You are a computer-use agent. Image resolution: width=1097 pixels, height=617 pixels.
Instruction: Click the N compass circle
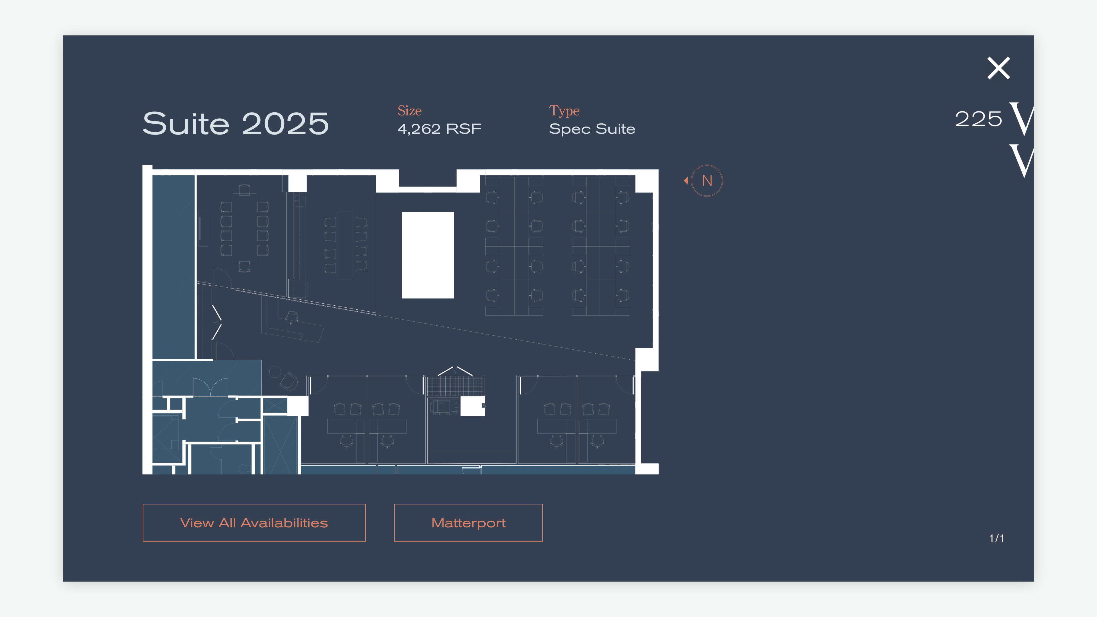coord(707,181)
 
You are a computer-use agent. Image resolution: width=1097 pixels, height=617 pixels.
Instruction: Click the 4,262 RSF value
coord(439,129)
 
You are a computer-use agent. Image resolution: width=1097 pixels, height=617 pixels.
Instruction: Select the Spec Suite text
coord(592,129)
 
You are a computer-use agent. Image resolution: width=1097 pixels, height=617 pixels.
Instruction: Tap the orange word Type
coord(564,111)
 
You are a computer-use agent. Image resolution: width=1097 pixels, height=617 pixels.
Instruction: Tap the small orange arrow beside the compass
coord(686,181)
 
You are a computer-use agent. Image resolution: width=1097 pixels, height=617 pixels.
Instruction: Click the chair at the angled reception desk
coord(292,317)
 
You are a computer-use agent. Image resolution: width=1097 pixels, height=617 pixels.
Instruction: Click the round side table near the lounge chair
coord(275,372)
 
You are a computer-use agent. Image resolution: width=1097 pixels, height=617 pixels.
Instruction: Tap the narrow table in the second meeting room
coord(345,245)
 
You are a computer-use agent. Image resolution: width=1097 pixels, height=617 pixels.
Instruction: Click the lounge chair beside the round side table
coord(289,381)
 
